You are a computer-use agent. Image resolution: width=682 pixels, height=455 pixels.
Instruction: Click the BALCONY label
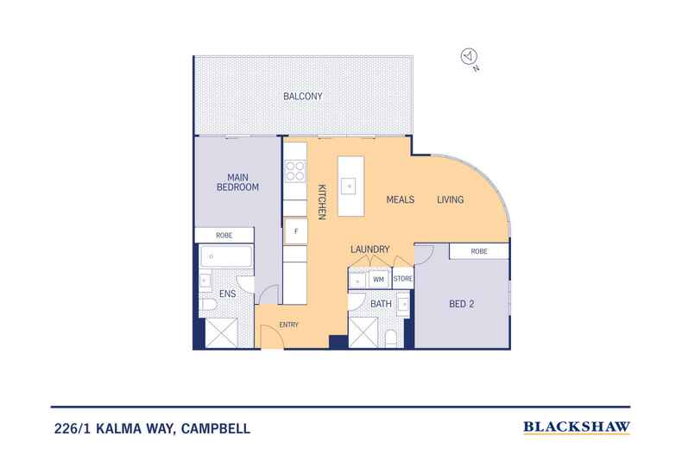coord(302,97)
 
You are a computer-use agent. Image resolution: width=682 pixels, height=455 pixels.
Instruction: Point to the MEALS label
coord(400,200)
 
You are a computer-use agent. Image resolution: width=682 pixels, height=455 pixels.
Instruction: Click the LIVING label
coord(450,200)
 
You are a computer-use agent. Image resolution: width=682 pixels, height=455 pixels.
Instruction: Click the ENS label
coord(228,294)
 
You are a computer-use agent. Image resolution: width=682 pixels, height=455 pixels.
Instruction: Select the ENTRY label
coord(288,325)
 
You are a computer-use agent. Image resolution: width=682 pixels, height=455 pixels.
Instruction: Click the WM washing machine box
coord(378,279)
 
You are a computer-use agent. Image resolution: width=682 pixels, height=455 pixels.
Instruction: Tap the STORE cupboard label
coord(403,279)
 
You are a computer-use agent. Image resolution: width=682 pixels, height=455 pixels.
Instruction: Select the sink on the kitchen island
coord(348,184)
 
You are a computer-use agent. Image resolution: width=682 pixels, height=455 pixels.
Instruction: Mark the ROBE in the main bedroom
coord(224,235)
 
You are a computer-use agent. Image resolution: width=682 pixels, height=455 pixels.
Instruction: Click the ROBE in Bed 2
coord(479,251)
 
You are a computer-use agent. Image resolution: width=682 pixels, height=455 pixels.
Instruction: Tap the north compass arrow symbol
coord(468,56)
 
